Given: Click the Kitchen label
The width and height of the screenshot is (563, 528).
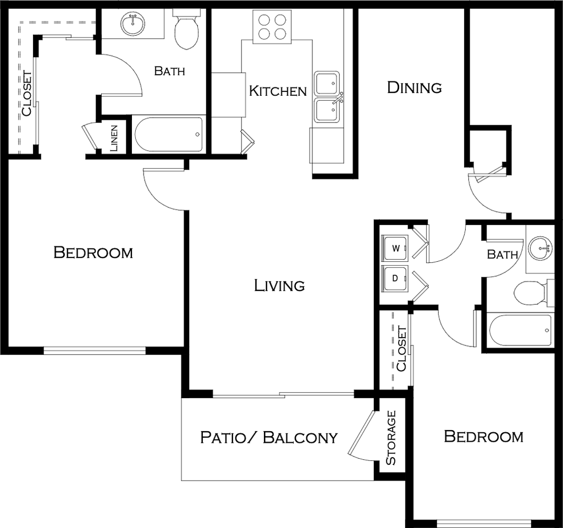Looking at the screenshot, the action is tap(278, 91).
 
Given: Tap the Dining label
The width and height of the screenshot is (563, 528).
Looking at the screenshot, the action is tap(415, 87).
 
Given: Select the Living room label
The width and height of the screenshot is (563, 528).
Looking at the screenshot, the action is tap(279, 285).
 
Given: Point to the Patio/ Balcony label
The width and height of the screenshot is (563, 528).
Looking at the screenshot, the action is tap(269, 437).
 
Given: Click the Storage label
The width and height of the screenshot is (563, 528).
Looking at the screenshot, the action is tap(391, 438).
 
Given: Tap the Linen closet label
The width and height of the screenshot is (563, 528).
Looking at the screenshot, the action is tap(114, 138).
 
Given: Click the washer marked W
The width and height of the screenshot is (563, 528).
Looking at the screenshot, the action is tap(395, 248).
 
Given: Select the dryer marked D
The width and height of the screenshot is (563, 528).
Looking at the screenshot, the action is tap(395, 278).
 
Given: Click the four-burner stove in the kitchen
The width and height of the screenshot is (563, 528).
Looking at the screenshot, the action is tap(272, 26).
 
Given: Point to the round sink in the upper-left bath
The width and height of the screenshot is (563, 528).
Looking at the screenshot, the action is tap(133, 24).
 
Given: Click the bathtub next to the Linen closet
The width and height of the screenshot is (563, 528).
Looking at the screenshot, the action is tap(168, 134).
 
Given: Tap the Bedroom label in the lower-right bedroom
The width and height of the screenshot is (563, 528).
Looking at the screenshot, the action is tap(484, 436).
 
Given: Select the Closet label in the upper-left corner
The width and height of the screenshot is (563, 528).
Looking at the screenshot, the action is tap(26, 94).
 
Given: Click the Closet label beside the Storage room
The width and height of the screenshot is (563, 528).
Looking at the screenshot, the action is tap(401, 349).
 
